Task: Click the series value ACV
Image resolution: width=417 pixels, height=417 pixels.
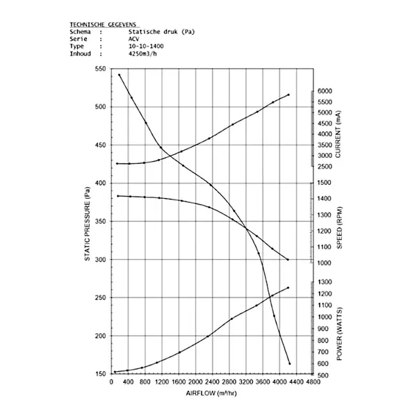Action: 134,40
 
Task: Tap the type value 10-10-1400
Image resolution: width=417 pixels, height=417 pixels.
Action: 146,47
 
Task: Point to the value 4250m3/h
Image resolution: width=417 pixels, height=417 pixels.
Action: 144,54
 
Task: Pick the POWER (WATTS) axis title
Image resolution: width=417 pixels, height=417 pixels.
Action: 338,334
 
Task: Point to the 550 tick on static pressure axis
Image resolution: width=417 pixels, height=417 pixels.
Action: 101,69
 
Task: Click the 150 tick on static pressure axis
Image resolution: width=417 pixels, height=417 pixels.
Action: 101,374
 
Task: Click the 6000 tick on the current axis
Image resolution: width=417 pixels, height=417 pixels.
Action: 325,91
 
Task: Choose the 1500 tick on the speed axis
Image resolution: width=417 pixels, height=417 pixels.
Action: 325,183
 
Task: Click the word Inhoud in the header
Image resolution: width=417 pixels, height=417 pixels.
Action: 80,54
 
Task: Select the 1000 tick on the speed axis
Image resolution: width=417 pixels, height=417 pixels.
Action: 325,263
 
